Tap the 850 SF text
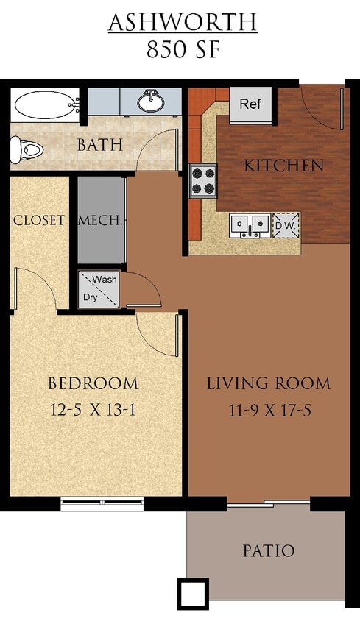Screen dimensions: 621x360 tap(183, 50)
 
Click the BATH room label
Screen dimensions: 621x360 tap(99, 145)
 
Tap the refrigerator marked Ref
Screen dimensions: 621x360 tap(251, 104)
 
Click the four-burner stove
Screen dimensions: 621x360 tap(202, 180)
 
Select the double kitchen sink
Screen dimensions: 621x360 tap(250, 224)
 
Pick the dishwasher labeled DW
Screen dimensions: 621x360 tap(286, 224)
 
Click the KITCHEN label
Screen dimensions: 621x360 tap(283, 166)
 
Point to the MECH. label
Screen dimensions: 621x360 tap(101, 220)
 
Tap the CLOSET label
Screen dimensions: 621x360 tap(39, 220)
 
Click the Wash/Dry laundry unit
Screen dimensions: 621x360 tap(98, 288)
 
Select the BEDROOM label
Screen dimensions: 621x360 tap(93, 383)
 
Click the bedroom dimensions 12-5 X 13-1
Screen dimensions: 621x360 tap(93, 410)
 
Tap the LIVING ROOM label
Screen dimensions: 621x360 tap(268, 383)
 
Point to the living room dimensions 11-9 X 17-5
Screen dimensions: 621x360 tap(268, 410)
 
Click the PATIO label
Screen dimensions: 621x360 tap(268, 550)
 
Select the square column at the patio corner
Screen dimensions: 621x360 tap(193, 593)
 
